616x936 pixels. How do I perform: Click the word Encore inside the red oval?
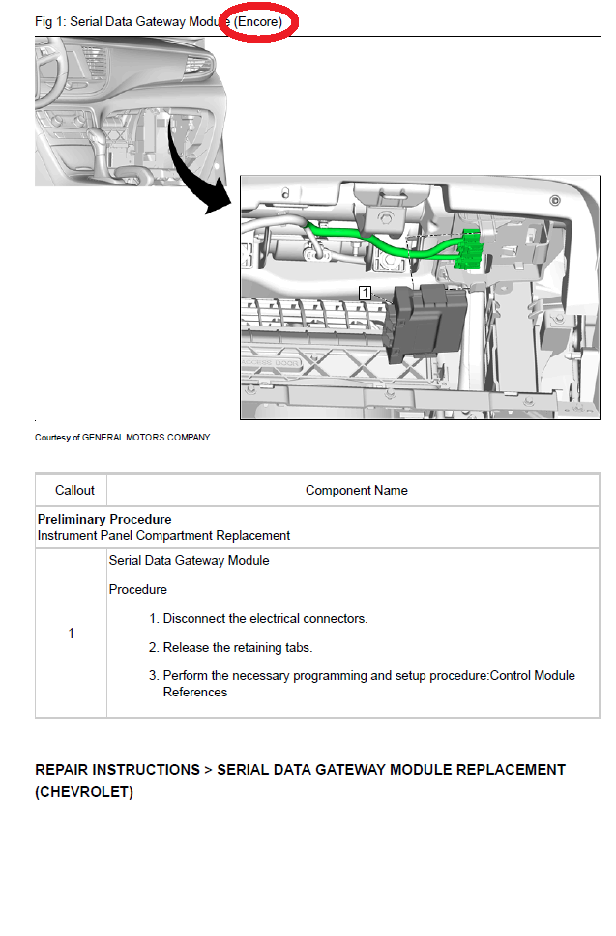tap(258, 21)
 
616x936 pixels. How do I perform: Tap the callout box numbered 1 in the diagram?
tap(365, 291)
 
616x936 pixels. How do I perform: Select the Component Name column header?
tap(356, 491)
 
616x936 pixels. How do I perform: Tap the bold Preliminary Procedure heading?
tap(104, 520)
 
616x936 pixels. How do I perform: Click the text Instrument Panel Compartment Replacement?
tap(163, 535)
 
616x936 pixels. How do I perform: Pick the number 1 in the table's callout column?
tap(71, 634)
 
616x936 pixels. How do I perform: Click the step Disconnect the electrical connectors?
tap(264, 619)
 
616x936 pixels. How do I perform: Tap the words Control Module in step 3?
tap(533, 676)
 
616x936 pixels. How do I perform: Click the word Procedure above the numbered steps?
tap(137, 590)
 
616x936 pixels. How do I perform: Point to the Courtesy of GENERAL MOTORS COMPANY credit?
tap(122, 438)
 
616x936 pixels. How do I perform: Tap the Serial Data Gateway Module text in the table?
tap(189, 561)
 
